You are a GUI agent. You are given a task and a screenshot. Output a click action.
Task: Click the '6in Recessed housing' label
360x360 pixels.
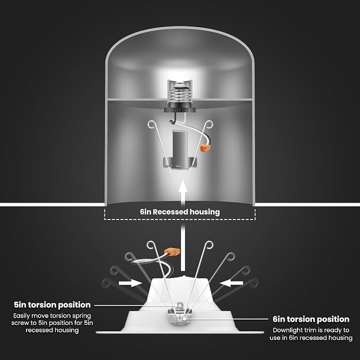(180, 212)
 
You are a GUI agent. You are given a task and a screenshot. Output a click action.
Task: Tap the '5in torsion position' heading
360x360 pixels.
(52, 305)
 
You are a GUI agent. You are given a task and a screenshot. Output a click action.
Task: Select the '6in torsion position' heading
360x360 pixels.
(311, 319)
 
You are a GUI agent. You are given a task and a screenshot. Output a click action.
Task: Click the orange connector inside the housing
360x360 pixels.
(205, 148)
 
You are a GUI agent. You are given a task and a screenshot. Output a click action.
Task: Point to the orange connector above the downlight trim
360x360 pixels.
(172, 252)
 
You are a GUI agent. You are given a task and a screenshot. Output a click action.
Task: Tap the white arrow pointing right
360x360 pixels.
(130, 283)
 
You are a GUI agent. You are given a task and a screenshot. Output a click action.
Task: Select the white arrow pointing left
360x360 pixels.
(231, 283)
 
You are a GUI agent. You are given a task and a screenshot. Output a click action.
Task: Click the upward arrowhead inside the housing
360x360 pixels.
(183, 186)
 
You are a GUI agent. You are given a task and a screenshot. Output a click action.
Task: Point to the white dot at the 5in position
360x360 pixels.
(176, 305)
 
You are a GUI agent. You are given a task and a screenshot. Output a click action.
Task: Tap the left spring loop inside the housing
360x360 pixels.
(152, 125)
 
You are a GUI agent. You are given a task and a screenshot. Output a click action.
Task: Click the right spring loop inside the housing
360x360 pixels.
(209, 125)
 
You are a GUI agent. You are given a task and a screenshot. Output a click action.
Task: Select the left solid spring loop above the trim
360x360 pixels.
(151, 245)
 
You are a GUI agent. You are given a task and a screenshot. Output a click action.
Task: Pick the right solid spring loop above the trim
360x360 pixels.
(209, 245)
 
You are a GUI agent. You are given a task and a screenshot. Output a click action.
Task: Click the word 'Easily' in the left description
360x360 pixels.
(21, 316)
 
